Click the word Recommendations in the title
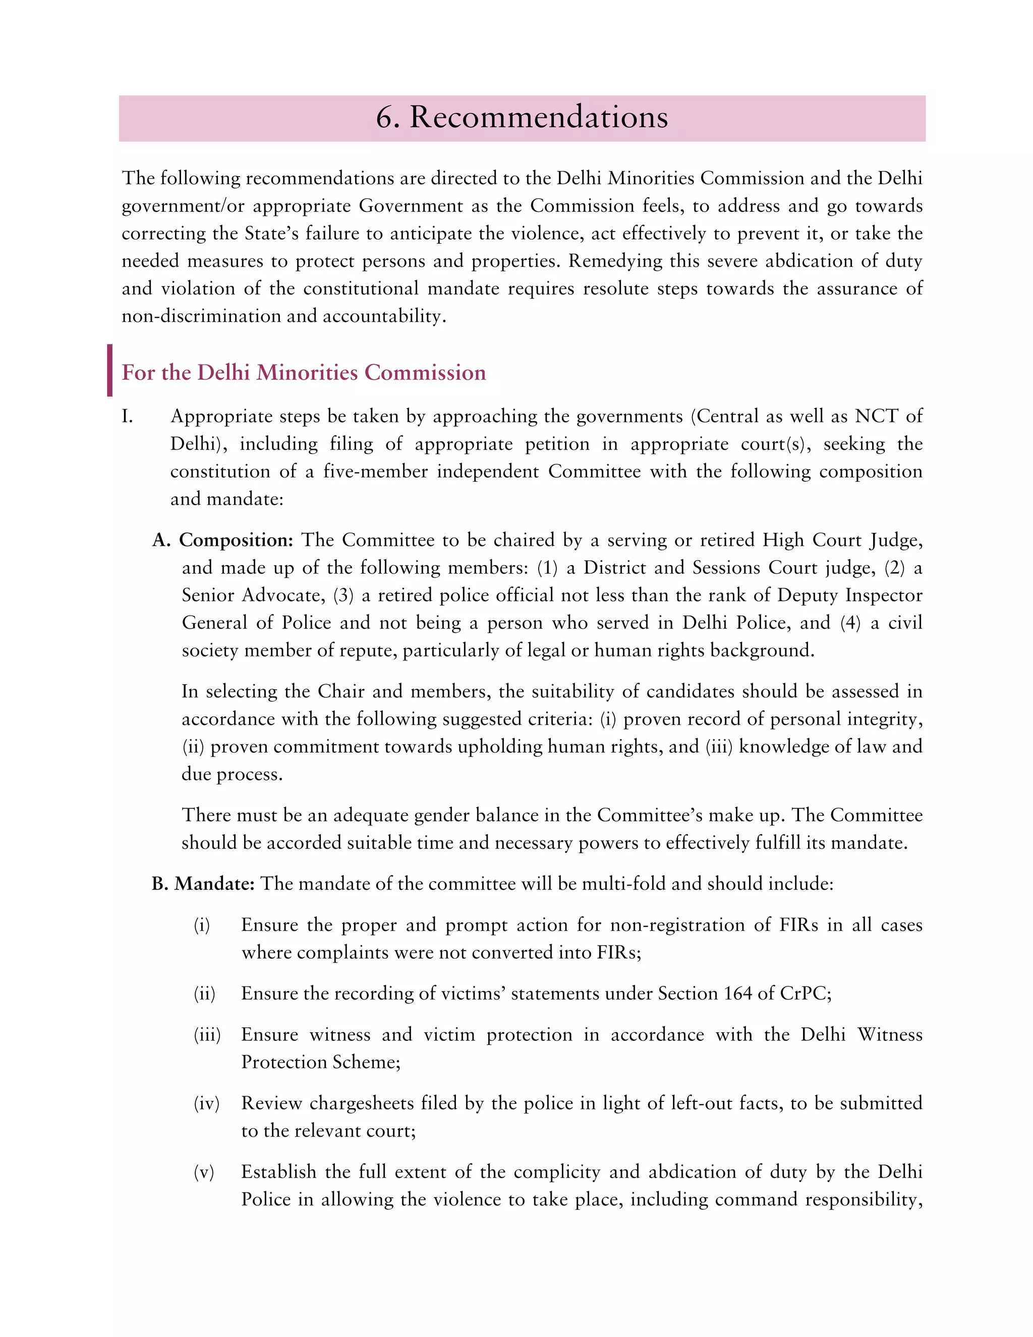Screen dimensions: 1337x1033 tap(539, 118)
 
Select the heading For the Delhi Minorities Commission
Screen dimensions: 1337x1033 tap(304, 372)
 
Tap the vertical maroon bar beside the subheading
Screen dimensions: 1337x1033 tap(109, 370)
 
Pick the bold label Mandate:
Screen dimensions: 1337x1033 tap(214, 884)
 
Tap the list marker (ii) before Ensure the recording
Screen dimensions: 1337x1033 tap(204, 993)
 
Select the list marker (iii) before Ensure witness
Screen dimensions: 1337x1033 tap(207, 1035)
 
